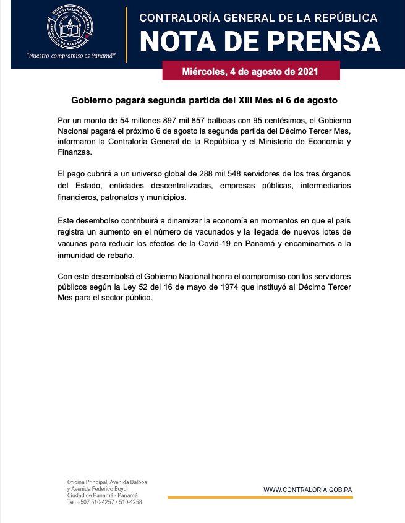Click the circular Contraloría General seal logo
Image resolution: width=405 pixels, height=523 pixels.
(71, 27)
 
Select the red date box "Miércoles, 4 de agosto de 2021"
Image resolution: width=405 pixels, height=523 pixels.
(250, 71)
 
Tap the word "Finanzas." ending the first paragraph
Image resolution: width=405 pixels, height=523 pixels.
(74, 152)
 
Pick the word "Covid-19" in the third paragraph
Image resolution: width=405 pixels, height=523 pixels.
(232, 244)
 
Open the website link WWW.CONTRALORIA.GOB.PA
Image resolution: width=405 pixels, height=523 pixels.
(307, 490)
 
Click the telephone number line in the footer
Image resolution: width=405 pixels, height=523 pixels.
(104, 502)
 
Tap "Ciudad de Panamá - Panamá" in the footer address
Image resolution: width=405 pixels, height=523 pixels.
(103, 495)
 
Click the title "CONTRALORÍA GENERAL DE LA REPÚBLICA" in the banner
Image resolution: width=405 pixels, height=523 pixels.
(258, 18)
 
